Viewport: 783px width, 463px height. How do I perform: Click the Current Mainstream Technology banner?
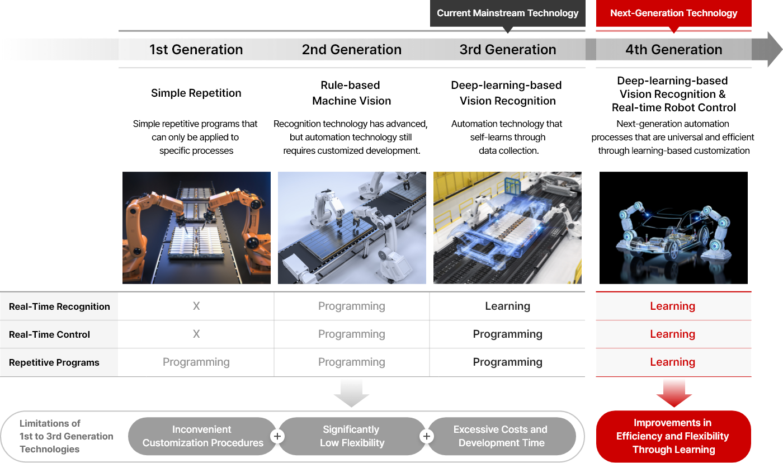(508, 13)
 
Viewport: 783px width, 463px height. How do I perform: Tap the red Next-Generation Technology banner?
(673, 13)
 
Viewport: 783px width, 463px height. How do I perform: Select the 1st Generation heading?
(196, 50)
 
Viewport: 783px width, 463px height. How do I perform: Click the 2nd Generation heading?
(352, 50)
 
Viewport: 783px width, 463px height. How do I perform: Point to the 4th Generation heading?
(673, 50)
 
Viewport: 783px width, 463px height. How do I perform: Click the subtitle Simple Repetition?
(196, 93)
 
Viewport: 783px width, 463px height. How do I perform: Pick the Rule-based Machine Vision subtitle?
(351, 93)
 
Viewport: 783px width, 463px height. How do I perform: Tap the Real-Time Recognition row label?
(59, 306)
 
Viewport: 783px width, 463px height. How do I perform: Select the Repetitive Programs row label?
(54, 362)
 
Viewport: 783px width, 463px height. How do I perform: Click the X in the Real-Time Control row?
(196, 334)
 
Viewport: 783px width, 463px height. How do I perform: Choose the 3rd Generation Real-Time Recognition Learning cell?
(508, 306)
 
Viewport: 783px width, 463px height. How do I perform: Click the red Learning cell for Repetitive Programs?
(672, 362)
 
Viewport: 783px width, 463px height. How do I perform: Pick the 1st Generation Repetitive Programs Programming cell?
(196, 362)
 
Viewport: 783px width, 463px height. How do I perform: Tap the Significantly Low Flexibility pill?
(352, 436)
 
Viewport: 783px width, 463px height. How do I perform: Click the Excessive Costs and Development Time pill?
(501, 436)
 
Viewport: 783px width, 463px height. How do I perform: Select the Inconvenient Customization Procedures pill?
(202, 436)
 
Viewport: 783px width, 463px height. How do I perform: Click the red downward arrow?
(674, 394)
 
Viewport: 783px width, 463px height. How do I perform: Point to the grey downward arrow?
(351, 394)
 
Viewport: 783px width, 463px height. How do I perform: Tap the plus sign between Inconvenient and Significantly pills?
(277, 437)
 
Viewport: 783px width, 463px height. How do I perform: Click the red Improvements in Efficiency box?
(673, 437)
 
